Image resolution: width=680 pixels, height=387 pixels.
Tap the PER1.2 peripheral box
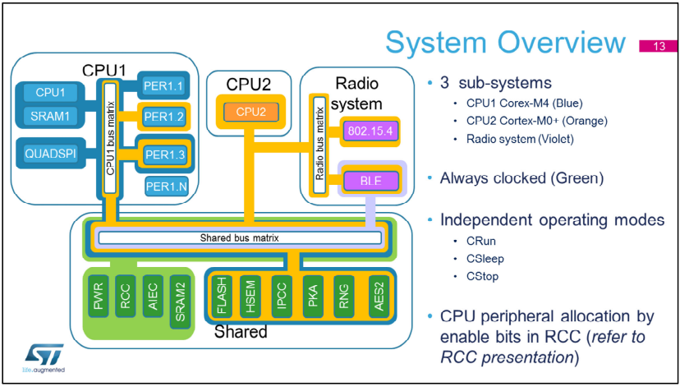click(163, 116)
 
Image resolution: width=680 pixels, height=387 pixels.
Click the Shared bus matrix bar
click(238, 238)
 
